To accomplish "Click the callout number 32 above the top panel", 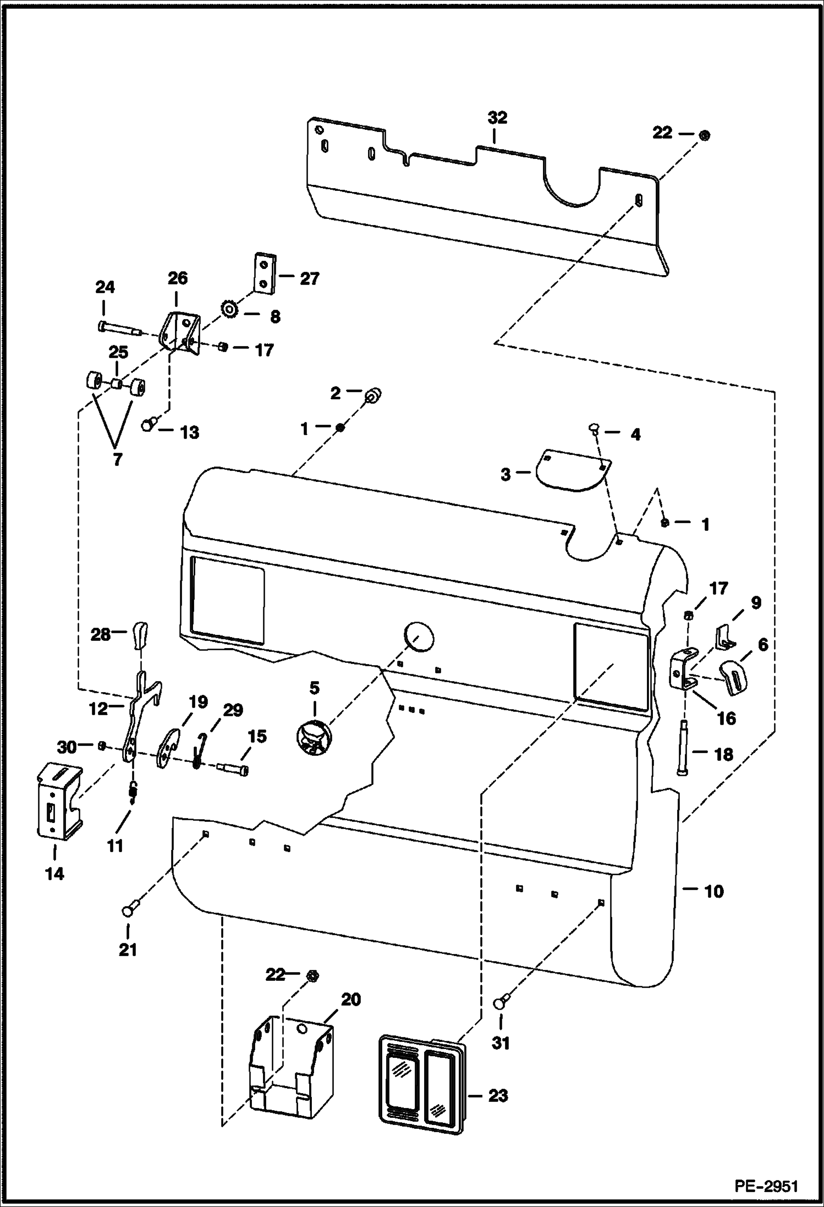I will [x=497, y=118].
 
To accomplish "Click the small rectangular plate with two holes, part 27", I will [x=265, y=273].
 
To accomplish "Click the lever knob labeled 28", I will [x=141, y=634].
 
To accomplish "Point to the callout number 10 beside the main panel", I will [x=713, y=891].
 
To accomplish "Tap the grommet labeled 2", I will [x=373, y=394].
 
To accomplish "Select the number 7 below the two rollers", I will [x=117, y=459].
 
